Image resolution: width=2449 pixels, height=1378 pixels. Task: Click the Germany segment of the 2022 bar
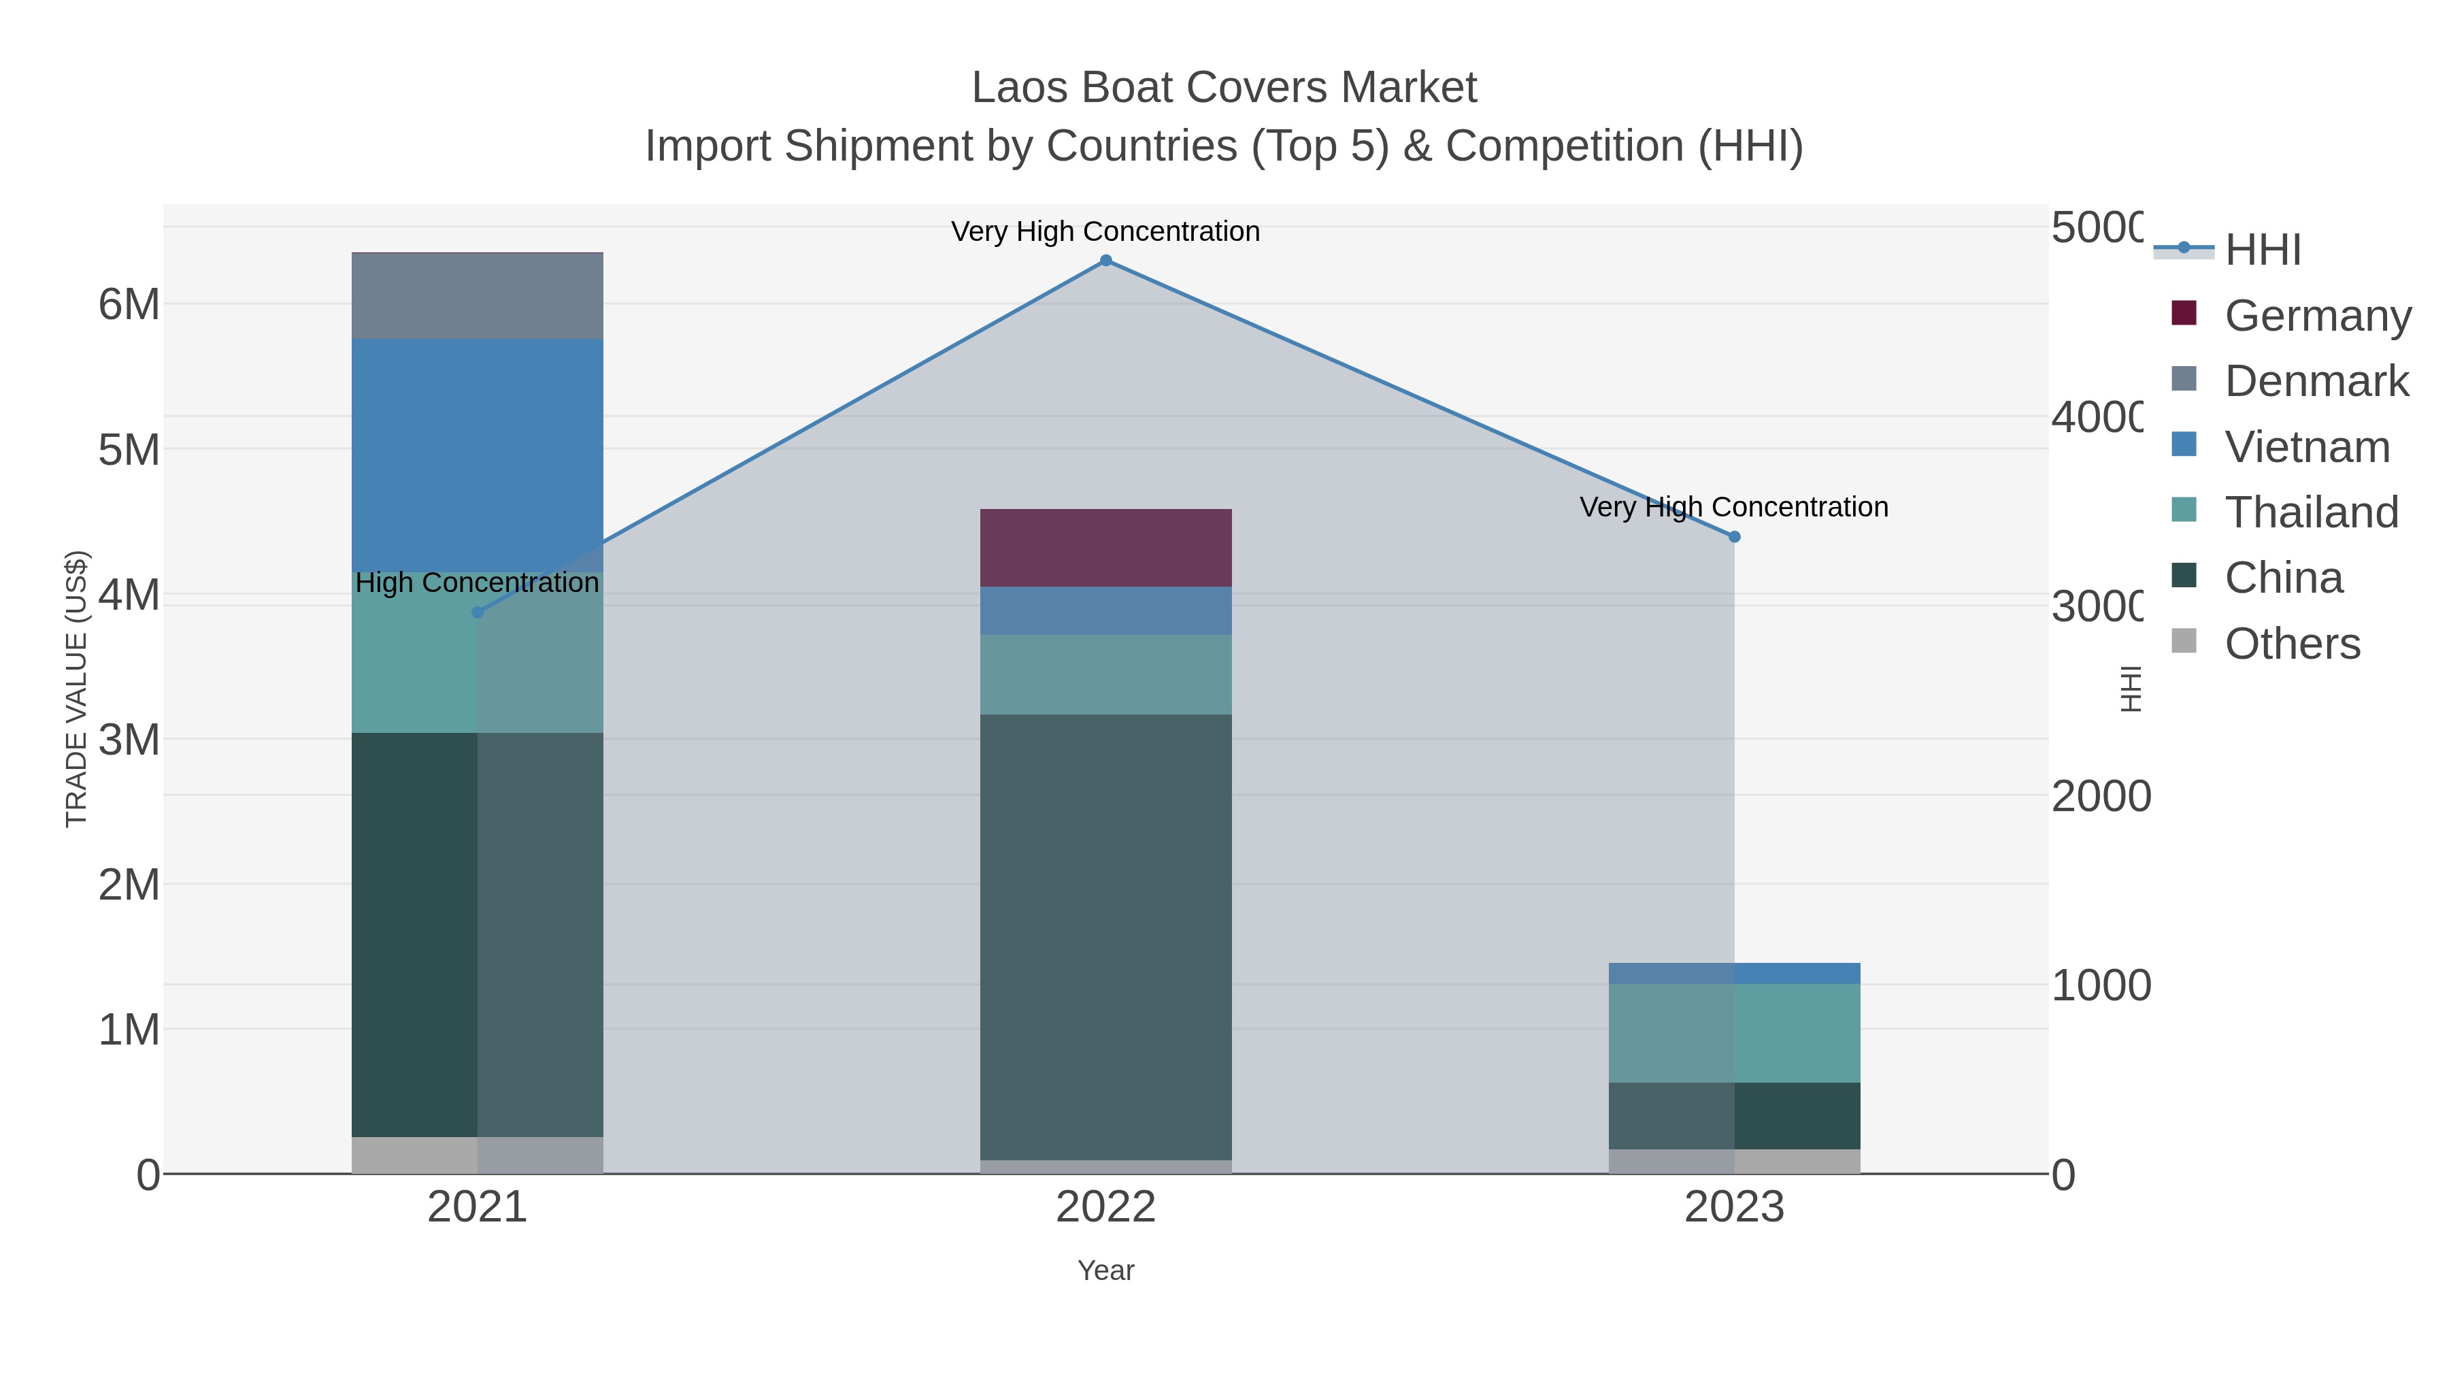[x=1105, y=548]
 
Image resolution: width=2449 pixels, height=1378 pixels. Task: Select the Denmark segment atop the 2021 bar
[x=478, y=296]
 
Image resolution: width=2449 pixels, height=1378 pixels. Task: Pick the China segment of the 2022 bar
[x=1105, y=937]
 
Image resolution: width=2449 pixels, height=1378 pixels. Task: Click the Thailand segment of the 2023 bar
[x=1734, y=1033]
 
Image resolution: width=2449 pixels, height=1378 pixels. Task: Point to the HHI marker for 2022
[x=1105, y=261]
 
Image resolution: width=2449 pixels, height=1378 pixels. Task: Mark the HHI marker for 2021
[x=478, y=612]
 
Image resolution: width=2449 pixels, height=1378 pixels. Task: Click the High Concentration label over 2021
[x=478, y=582]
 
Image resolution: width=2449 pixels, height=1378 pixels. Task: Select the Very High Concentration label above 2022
[x=1105, y=231]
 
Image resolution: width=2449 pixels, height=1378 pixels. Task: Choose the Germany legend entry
[x=2317, y=315]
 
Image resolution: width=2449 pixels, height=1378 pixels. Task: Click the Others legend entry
[x=2291, y=644]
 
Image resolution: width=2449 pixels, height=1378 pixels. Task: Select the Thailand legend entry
[x=2310, y=512]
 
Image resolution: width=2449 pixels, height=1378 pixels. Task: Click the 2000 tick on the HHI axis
[x=2099, y=796]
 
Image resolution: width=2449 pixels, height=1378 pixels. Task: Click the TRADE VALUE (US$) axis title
[x=77, y=689]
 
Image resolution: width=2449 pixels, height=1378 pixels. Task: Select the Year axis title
[x=1105, y=1270]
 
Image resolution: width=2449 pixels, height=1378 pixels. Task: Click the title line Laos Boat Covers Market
[x=1224, y=88]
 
